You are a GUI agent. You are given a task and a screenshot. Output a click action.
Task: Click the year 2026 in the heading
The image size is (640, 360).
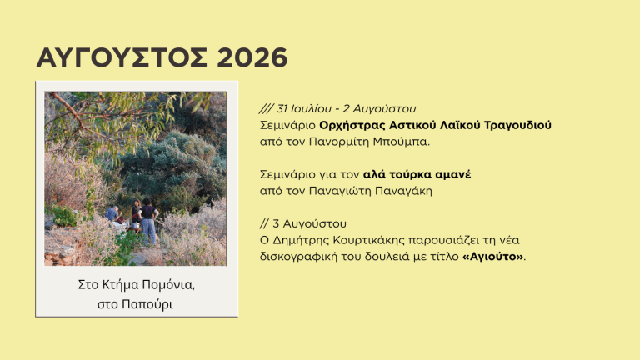[x=252, y=57]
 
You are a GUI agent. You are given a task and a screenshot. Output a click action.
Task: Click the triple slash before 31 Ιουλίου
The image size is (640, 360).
[x=266, y=109]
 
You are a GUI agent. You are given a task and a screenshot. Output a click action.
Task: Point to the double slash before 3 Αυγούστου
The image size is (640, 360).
[x=264, y=223]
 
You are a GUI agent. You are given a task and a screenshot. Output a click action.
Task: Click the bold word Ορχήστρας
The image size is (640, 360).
[x=352, y=125]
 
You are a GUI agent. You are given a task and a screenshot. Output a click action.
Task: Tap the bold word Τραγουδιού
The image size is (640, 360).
[x=517, y=125]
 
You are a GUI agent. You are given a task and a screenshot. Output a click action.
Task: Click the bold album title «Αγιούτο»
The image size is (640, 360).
[x=492, y=257]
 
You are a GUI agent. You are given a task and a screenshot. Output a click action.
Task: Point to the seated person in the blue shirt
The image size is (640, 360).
[x=112, y=214]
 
